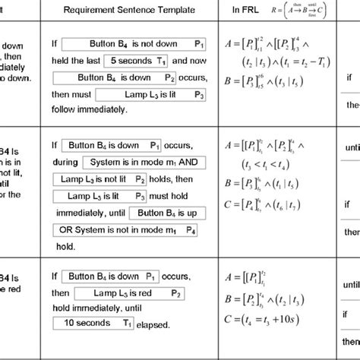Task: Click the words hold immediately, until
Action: point(96,308)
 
